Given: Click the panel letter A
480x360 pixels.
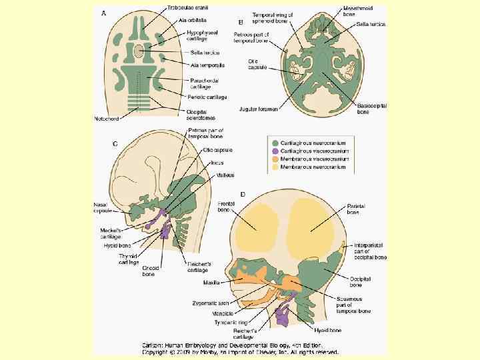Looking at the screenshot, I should pos(103,13).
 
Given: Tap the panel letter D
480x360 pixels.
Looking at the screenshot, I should pos(243,194).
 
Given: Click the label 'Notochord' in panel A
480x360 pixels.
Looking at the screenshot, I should pos(107,119).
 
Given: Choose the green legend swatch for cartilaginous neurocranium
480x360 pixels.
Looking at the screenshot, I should pos(274,141).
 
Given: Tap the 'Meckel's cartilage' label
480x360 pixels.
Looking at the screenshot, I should pos(105,233).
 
